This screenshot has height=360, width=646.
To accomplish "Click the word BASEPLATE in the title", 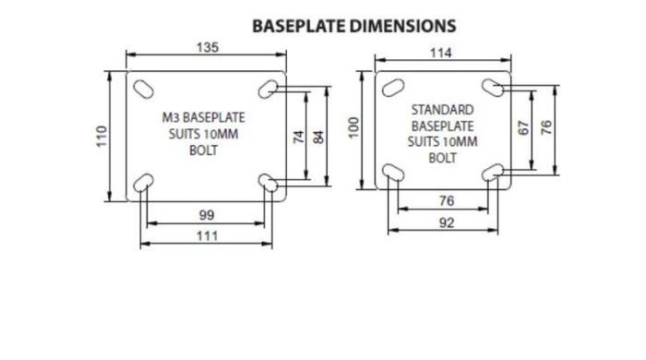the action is [x=299, y=26].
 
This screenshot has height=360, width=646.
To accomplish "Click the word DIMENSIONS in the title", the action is [x=403, y=26].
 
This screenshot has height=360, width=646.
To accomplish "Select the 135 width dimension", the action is [x=208, y=47].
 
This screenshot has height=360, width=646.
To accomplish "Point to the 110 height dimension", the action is [x=102, y=137].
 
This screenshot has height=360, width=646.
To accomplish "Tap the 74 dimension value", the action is [x=299, y=137].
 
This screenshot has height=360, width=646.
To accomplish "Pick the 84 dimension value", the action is [x=319, y=137].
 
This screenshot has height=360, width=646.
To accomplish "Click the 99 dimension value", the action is [x=207, y=215].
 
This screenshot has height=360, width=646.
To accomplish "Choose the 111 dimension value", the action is [x=207, y=236].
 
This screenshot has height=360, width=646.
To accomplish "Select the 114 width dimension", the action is [x=441, y=53].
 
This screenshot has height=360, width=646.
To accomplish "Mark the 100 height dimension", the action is [x=353, y=128].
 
